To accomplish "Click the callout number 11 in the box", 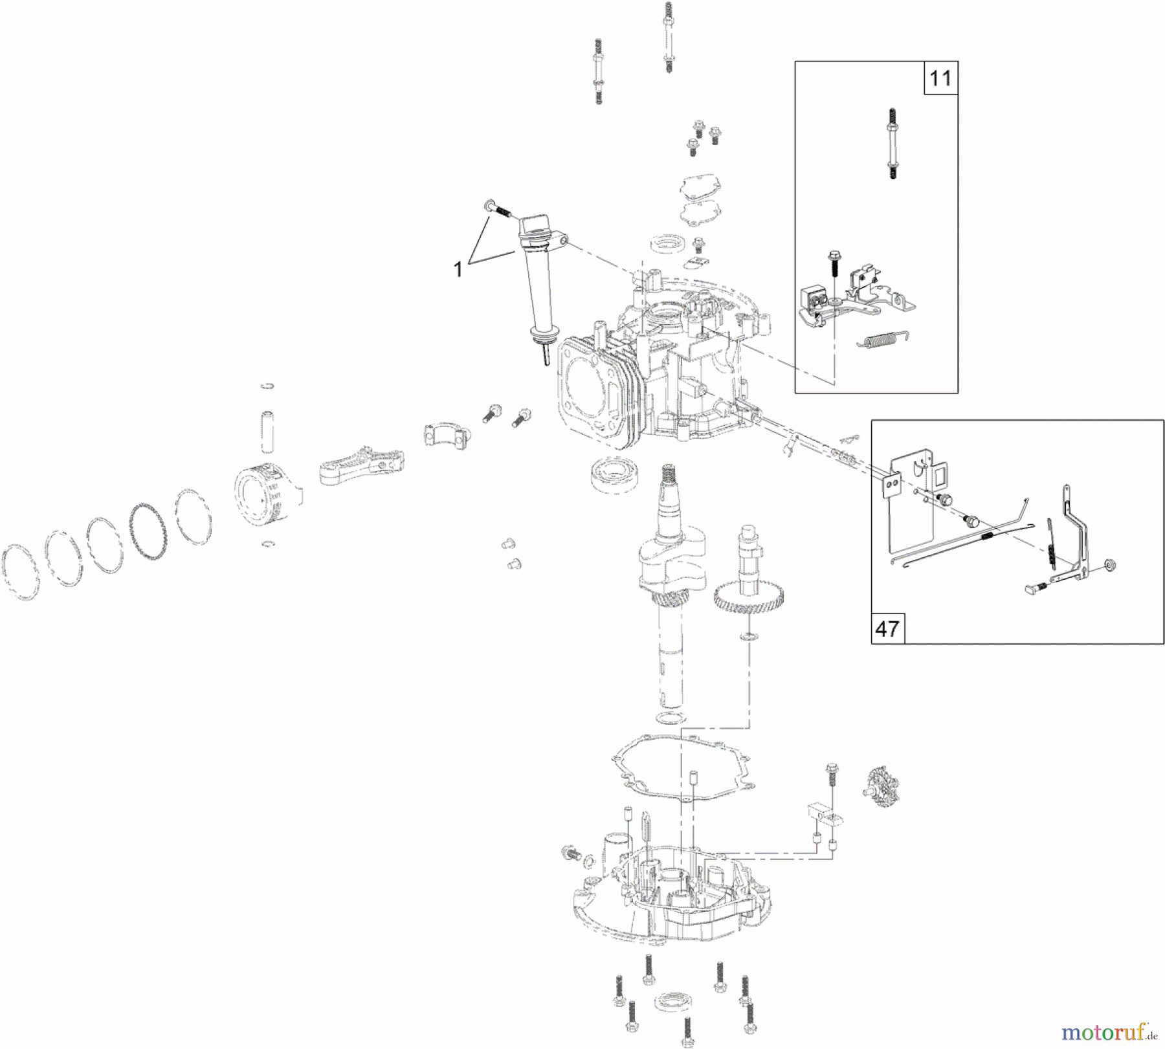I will (x=940, y=78).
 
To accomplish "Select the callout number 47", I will (x=887, y=628).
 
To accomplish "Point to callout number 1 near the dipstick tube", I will (x=458, y=269).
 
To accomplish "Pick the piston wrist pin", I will (x=267, y=430).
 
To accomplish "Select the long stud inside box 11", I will (x=893, y=142).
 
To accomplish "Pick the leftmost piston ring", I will (x=21, y=572).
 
